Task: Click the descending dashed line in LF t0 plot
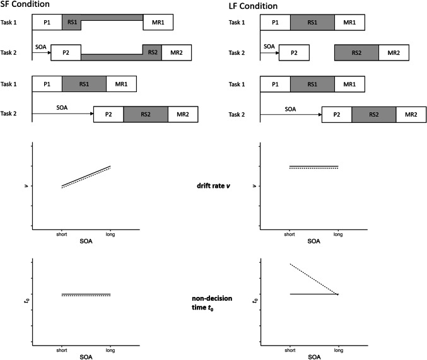pos(313,279)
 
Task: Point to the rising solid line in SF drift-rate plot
pos(86,176)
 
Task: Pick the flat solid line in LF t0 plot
pos(313,294)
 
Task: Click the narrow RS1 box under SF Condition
pos(71,23)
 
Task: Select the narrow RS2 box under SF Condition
pos(152,52)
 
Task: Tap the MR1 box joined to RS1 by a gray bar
pos(158,23)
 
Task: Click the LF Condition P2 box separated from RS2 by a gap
pos(294,52)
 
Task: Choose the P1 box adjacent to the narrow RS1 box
pos(47,23)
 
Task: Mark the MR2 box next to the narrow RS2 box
pos(175,52)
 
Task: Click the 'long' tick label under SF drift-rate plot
pos(110,235)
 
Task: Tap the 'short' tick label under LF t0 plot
pos(290,349)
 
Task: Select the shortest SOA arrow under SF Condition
pos(41,52)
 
